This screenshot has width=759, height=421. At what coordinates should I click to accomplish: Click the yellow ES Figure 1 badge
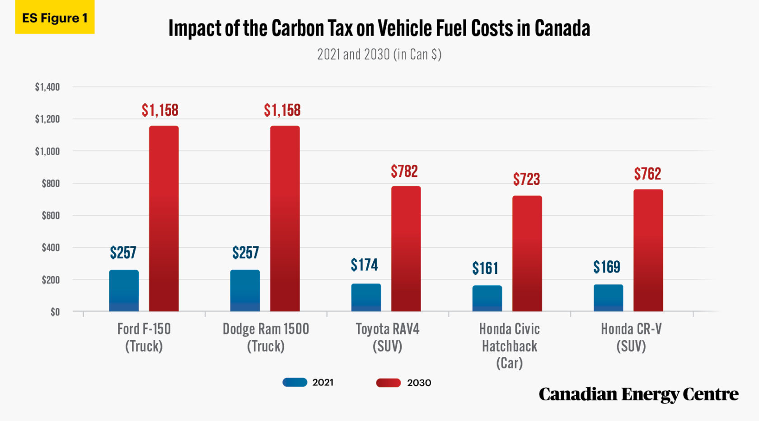(x=55, y=18)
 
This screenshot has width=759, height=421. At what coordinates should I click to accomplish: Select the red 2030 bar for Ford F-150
(x=164, y=219)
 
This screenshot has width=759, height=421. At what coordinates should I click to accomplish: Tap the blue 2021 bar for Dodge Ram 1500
(x=245, y=291)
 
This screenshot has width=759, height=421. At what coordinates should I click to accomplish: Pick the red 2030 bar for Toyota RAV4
(x=406, y=249)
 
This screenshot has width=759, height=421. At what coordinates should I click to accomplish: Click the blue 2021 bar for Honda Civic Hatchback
(x=487, y=298)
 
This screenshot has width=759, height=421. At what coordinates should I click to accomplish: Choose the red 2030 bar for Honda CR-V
(x=648, y=250)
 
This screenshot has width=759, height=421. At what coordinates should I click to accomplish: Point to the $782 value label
(x=404, y=171)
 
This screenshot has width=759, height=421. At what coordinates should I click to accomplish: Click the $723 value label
(x=526, y=180)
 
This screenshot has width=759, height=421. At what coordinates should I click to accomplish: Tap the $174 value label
(x=364, y=265)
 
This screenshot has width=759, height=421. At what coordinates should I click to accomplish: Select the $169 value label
(x=606, y=267)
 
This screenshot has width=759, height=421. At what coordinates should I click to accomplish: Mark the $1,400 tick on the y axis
(x=47, y=87)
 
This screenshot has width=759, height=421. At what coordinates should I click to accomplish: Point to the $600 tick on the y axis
(x=51, y=216)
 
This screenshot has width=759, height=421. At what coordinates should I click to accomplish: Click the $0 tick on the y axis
(x=55, y=312)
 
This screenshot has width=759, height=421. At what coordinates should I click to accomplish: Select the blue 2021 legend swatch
(x=295, y=382)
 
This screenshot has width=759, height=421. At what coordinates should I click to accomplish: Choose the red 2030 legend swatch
(x=388, y=383)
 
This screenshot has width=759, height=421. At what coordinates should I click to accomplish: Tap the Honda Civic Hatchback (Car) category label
(x=509, y=346)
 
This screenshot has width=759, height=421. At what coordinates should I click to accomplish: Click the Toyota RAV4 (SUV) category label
(x=387, y=337)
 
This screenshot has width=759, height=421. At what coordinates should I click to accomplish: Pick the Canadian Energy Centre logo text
(x=638, y=394)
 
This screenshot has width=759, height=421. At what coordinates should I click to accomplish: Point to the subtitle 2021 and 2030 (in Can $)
(x=379, y=55)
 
